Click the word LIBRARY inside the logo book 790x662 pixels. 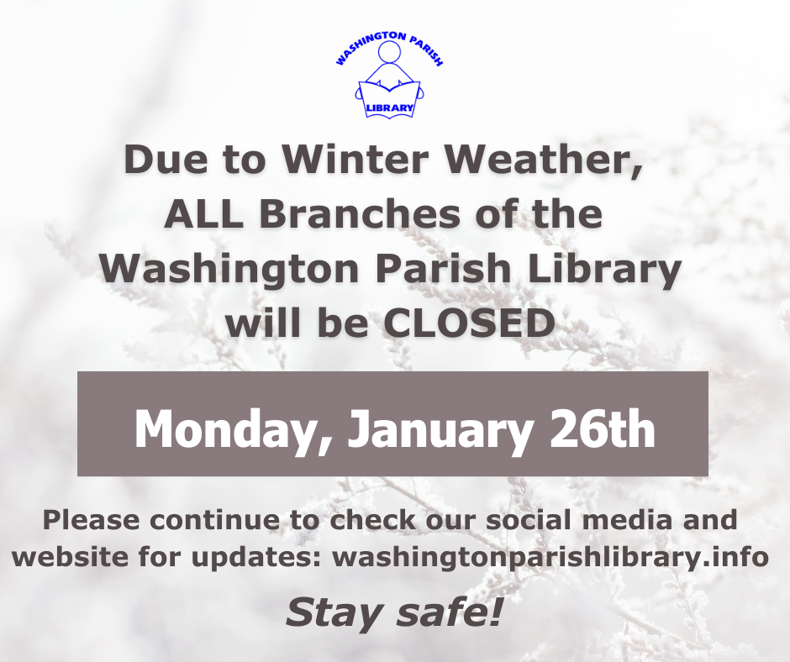coord(389,108)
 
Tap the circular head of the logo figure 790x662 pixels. coord(389,52)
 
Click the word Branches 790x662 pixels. coord(360,214)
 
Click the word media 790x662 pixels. coord(627,519)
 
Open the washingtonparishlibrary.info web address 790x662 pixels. coord(550,558)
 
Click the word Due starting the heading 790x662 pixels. coord(166,160)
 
